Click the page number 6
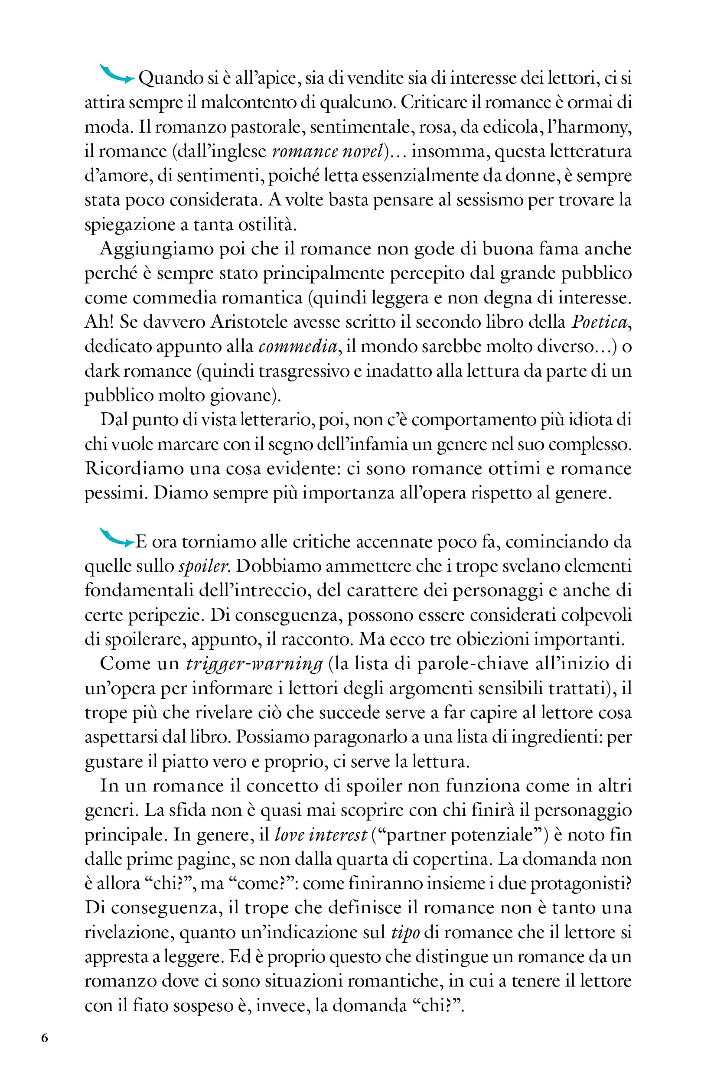click(x=45, y=1038)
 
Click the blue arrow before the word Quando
click(x=116, y=75)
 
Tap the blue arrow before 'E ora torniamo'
click(x=116, y=538)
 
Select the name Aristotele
click(x=249, y=322)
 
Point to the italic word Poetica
click(x=600, y=322)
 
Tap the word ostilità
click(x=267, y=225)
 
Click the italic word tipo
click(x=405, y=932)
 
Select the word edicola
click(x=512, y=127)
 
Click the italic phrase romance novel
click(x=327, y=151)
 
